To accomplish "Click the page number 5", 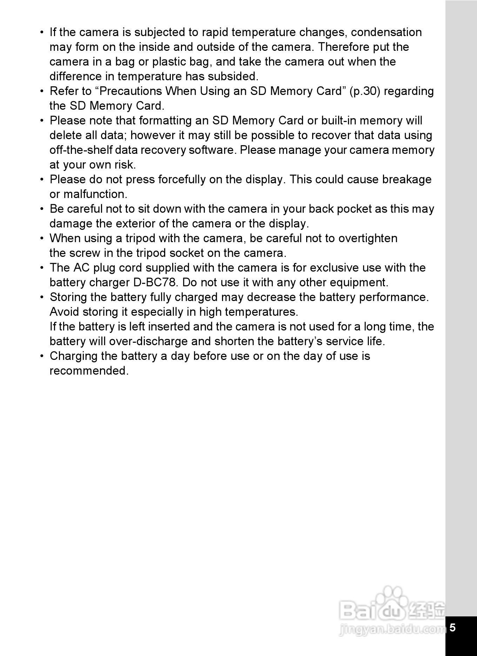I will [452, 627].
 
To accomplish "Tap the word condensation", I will [386, 32].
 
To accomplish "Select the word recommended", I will [89, 371].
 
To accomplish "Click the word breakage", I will [407, 179].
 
